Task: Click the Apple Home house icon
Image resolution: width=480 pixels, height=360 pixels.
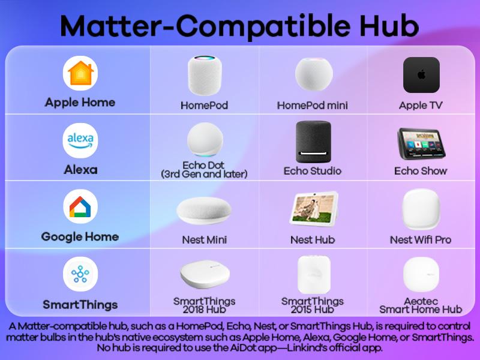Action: pos(80,74)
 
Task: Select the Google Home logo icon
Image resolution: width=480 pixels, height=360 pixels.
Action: pos(80,208)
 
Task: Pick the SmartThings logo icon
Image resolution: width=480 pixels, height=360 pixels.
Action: pos(80,275)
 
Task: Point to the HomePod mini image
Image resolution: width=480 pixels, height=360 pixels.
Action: pos(313,74)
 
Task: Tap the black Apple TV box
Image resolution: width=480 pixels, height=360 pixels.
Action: pos(421,75)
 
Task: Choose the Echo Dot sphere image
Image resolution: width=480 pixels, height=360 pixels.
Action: pos(204,140)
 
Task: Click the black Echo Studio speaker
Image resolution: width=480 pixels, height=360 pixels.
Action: pos(313,141)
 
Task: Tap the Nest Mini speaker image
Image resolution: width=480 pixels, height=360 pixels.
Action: pos(204,211)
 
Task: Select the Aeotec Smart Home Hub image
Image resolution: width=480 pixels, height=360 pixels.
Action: pos(421,275)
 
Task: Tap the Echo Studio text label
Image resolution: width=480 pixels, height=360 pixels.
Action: pos(313,171)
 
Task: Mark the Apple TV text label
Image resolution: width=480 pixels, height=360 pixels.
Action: pos(421,106)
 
